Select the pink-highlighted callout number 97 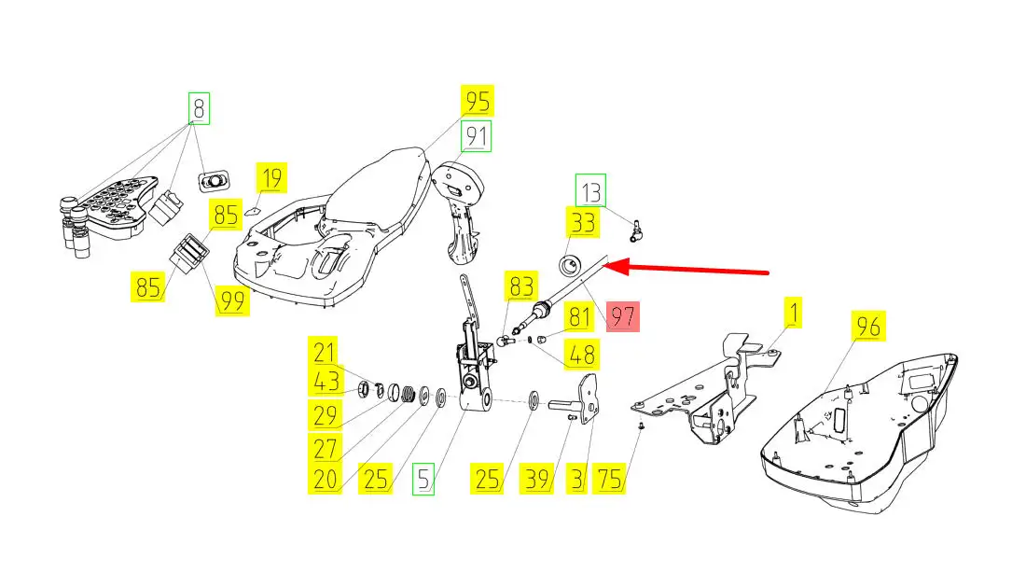[622, 316]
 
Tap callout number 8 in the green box [198, 108]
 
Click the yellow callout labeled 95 [478, 101]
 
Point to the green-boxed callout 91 [478, 137]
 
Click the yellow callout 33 [582, 223]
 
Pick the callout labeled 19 [271, 177]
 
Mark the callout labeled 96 [868, 327]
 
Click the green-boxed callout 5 [424, 480]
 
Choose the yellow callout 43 [325, 382]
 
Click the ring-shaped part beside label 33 [569, 264]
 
